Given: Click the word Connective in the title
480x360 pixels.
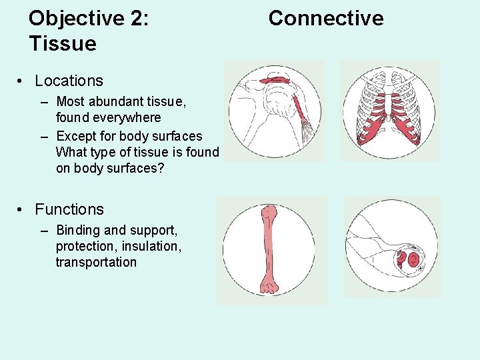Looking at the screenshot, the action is [325, 18].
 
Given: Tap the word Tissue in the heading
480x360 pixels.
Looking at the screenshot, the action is [63, 44].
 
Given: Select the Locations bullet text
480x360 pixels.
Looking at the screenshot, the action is [69, 81].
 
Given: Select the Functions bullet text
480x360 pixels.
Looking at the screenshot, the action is [69, 209].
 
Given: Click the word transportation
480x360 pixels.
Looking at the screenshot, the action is [96, 262].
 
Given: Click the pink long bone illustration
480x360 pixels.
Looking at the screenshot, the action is [269, 249].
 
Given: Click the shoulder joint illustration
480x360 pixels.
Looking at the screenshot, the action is [273, 111].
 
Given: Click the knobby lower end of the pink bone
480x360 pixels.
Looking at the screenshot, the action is [269, 286].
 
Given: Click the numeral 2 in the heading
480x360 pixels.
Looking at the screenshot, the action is [138, 18].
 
